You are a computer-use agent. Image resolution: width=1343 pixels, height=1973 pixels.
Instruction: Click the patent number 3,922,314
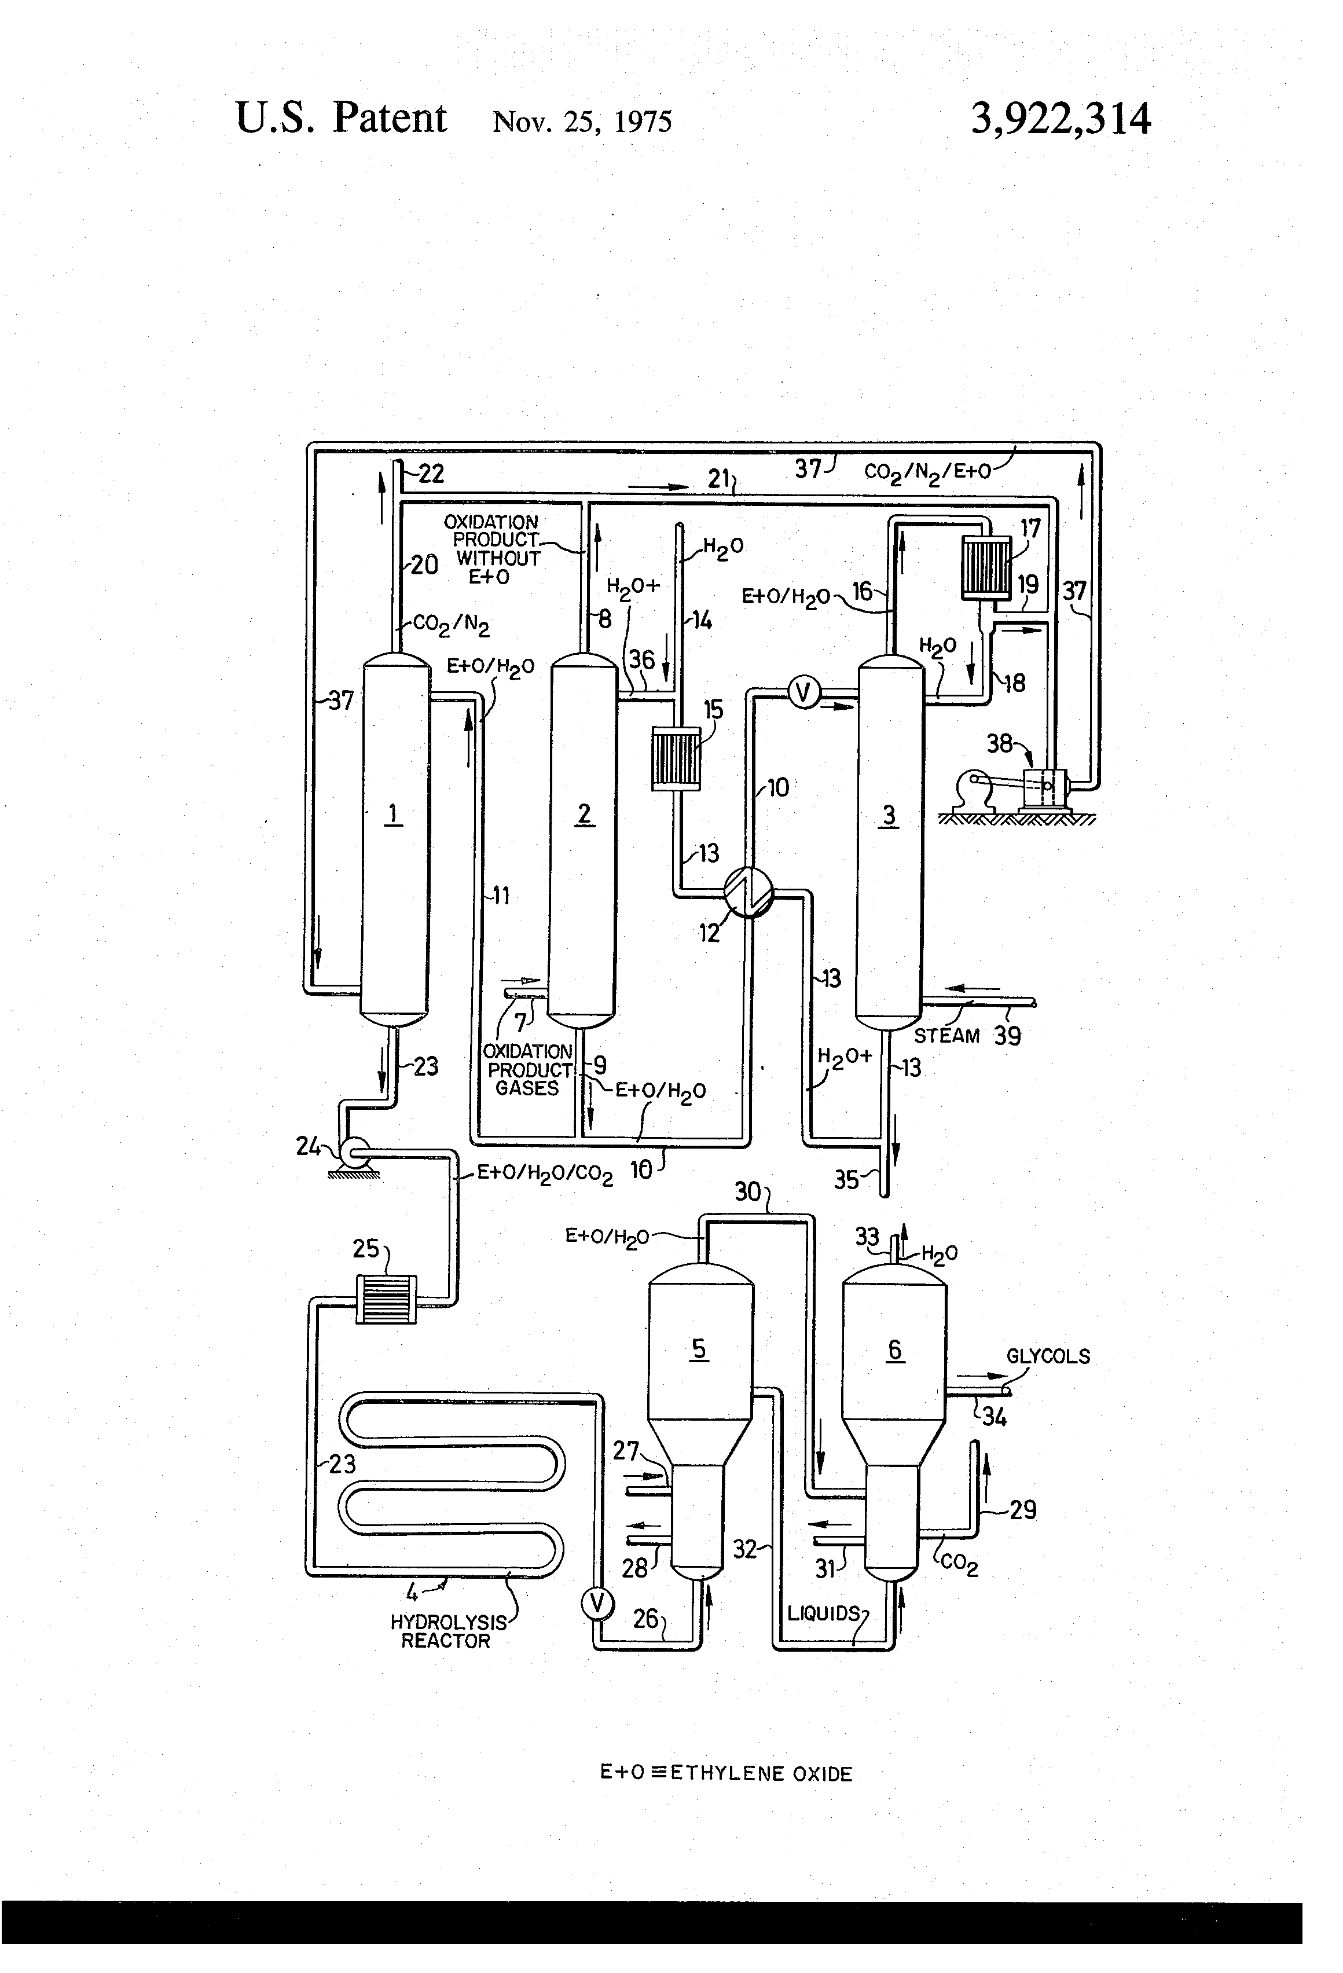1061,119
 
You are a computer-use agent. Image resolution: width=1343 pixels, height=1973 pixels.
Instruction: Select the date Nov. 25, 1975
582,122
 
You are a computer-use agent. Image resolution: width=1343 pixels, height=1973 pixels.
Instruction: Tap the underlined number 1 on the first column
393,814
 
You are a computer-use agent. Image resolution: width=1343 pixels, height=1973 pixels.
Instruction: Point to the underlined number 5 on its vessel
699,1349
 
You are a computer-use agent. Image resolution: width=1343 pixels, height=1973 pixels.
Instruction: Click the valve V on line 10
802,694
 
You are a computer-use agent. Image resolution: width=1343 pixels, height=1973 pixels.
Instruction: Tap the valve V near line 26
597,1603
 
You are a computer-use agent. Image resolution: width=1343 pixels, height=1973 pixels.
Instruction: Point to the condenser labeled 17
986,566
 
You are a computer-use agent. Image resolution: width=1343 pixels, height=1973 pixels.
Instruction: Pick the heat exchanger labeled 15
676,757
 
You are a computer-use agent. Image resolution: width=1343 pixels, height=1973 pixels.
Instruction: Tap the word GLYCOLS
1048,1356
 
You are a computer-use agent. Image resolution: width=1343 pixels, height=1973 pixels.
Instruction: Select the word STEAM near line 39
946,1036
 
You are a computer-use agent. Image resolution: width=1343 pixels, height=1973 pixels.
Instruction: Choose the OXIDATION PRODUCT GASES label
527,1070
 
